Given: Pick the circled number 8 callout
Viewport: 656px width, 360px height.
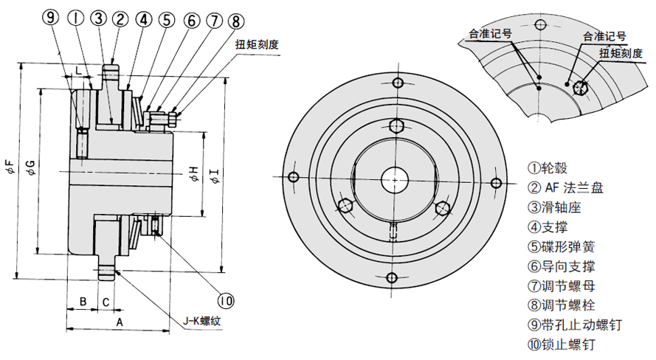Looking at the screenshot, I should click(235, 20).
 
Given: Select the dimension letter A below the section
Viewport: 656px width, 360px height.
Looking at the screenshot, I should click(117, 322).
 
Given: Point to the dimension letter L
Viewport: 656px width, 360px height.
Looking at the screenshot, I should click(78, 69).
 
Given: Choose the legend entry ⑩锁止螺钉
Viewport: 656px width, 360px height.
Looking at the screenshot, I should click(561, 343).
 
